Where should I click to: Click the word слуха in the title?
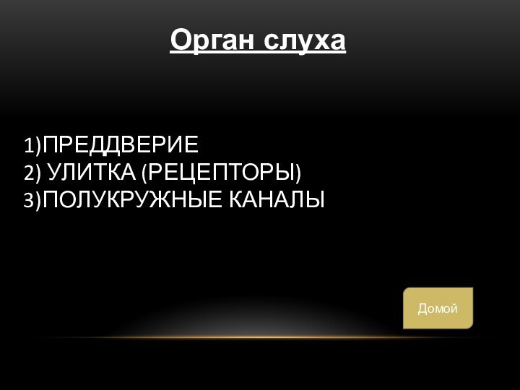click(304, 40)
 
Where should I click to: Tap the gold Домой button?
click(438, 308)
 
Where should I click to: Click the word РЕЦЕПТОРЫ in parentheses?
click(221, 173)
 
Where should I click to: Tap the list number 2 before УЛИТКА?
click(28, 173)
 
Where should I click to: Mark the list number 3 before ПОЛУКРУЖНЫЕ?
click(28, 200)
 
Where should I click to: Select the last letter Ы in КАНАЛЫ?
click(316, 199)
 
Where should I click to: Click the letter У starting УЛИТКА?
click(55, 173)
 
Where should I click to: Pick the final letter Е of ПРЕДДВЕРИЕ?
click(191, 145)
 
